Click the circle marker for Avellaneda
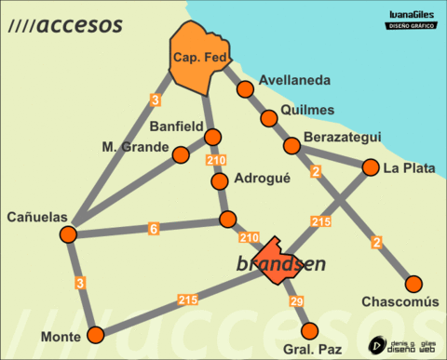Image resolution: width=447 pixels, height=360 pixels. tap(246, 89)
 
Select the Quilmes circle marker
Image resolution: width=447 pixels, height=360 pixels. tap(269, 118)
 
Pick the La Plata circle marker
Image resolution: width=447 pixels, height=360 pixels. tap(370, 168)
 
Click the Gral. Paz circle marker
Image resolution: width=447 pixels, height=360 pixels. tap(310, 330)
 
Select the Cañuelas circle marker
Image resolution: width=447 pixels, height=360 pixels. tap(68, 233)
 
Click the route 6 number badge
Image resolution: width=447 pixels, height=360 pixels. tap(154, 228)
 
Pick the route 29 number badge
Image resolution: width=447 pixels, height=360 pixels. tap(297, 302)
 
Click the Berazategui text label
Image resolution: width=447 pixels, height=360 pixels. tap(342, 138)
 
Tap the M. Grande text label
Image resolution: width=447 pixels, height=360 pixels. tap(135, 147)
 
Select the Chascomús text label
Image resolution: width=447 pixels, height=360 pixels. tap(400, 303)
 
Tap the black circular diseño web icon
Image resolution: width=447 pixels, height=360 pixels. tap(378, 343)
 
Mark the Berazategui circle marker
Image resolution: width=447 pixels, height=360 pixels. tap(292, 145)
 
